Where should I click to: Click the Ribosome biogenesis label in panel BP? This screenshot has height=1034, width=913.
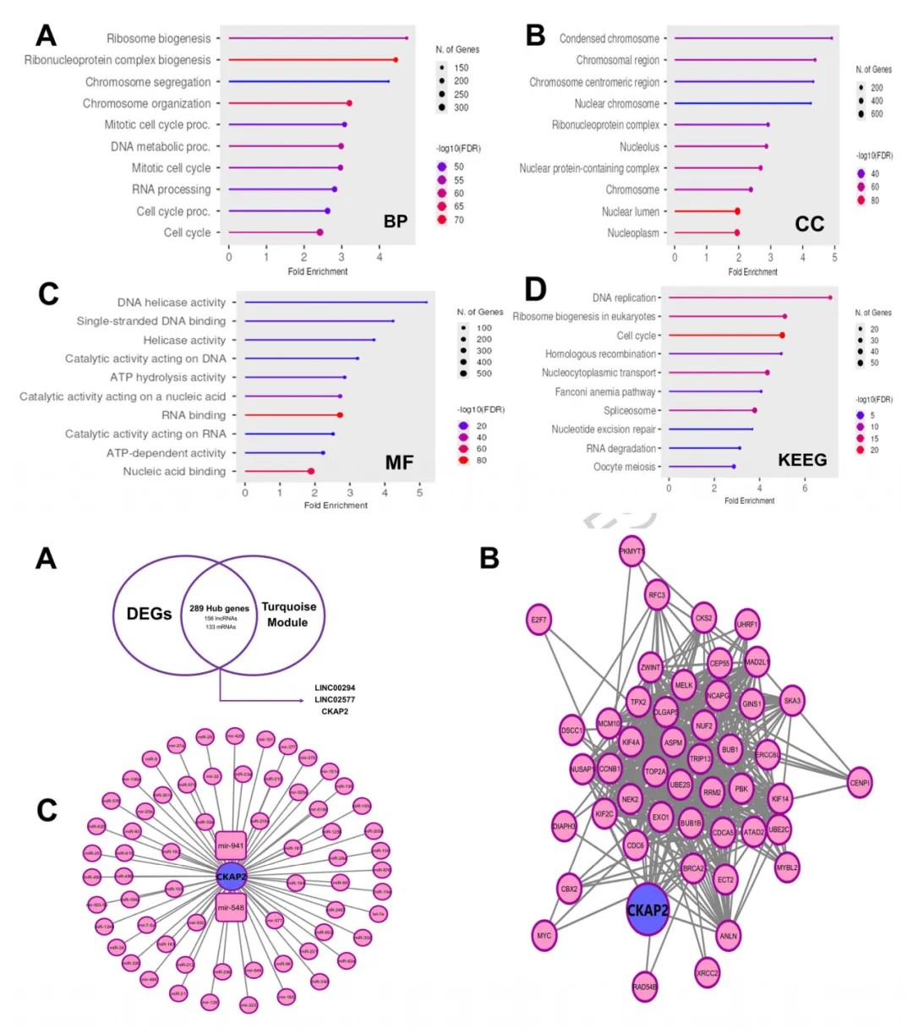coord(158,38)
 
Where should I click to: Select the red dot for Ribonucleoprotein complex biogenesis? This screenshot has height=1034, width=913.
coord(395,60)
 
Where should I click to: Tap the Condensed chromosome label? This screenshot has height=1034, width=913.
coord(609,38)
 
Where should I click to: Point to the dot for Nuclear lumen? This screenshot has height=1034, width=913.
coord(737,211)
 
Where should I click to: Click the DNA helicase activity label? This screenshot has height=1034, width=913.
coord(172,302)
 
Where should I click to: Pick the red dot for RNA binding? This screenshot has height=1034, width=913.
coord(340,415)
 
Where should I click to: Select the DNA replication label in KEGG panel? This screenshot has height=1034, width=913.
coord(624,298)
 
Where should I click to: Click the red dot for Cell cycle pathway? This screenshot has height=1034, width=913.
coord(782,336)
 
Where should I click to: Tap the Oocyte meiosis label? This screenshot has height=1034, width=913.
coord(624,467)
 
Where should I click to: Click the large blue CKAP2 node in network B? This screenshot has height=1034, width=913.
coord(647,910)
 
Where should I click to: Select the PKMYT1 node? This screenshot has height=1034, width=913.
coord(631,551)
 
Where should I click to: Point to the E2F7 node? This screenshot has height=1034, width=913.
coord(539,620)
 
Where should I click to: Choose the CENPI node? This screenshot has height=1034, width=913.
coord(859,783)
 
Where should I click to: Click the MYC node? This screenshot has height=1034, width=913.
coord(544,936)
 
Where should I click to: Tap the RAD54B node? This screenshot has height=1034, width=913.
coord(644,987)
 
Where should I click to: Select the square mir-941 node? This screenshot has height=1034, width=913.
coord(231,845)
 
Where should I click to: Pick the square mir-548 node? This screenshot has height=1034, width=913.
coord(231,908)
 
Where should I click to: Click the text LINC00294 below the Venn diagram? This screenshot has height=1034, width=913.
coord(335,688)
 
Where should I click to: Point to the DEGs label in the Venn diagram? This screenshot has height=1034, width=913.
coord(149,614)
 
